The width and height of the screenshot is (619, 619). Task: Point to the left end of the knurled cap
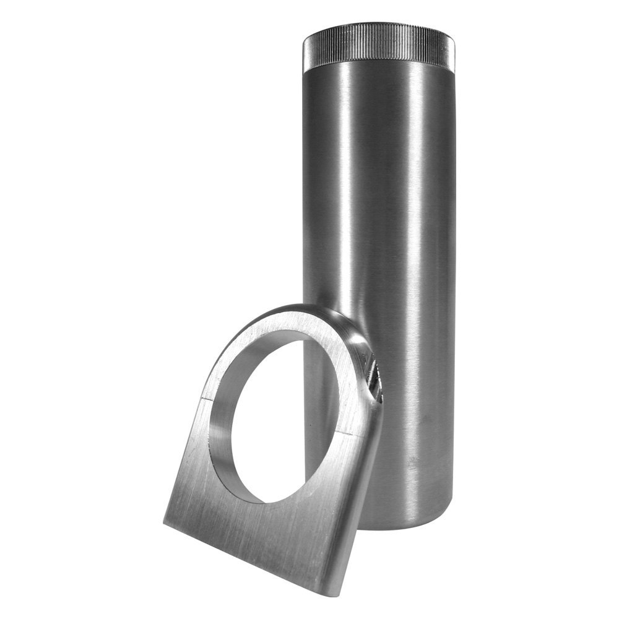click(305, 50)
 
